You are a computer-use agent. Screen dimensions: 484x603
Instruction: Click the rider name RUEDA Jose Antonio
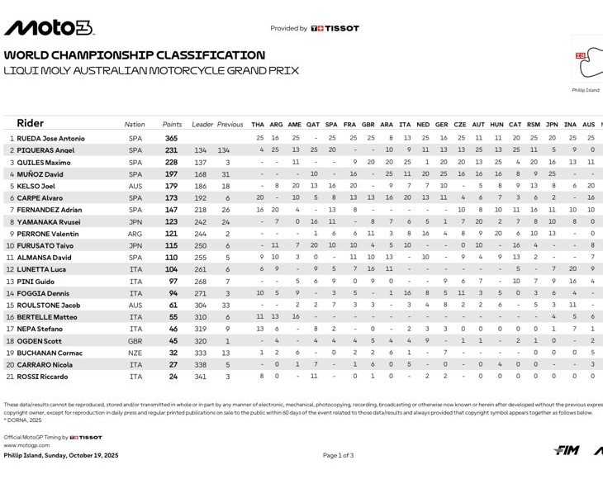pyautogui.click(x=46, y=138)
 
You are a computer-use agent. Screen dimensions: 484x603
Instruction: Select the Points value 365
pyautogui.click(x=171, y=138)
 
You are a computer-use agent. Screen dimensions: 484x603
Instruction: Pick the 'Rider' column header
pyautogui.click(x=31, y=123)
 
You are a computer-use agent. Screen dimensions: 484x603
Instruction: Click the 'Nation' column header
pyautogui.click(x=135, y=125)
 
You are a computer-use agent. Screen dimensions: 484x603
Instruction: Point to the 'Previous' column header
pyautogui.click(x=230, y=125)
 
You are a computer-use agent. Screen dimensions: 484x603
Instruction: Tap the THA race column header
pyautogui.click(x=258, y=125)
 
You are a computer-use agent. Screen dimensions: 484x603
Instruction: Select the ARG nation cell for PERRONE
pyautogui.click(x=135, y=234)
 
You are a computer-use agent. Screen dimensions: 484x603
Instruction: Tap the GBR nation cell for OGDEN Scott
pyautogui.click(x=135, y=341)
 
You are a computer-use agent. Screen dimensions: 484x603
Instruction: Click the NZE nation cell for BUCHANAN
pyautogui.click(x=135, y=353)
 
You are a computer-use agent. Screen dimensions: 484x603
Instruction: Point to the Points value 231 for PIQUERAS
pyautogui.click(x=171, y=150)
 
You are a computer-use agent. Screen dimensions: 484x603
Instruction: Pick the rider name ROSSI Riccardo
pyautogui.click(x=40, y=377)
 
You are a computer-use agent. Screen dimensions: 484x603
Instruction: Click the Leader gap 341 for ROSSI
pyautogui.click(x=200, y=377)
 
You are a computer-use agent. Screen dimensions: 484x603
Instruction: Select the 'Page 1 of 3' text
pyautogui.click(x=338, y=455)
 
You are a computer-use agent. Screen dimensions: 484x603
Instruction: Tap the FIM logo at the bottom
pyautogui.click(x=566, y=450)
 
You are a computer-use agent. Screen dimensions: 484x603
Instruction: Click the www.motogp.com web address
pyautogui.click(x=21, y=445)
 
